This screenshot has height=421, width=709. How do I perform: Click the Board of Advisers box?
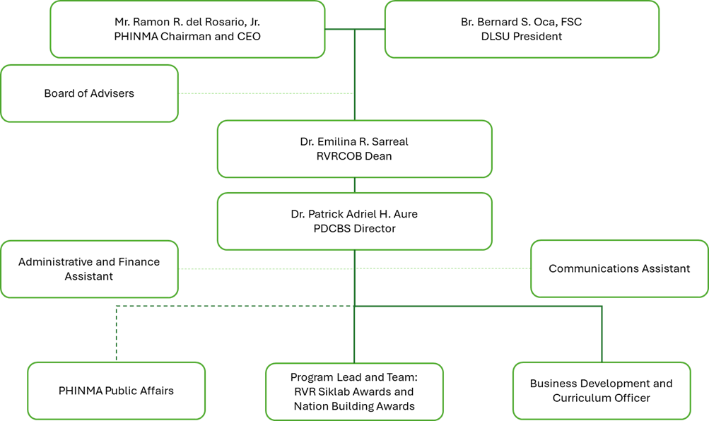click(x=89, y=93)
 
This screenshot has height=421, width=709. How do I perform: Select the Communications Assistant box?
click(x=619, y=268)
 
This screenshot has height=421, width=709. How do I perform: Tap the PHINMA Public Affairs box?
click(x=116, y=391)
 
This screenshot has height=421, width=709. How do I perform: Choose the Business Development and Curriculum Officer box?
click(x=601, y=391)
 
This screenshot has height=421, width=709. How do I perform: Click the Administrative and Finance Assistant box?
click(x=89, y=269)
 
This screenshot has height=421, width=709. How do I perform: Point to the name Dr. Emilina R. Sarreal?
click(x=354, y=141)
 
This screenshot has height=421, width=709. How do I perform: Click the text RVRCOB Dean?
click(x=354, y=156)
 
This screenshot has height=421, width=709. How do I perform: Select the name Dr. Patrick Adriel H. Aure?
click(x=354, y=213)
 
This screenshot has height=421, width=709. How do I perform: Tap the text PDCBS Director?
click(x=354, y=228)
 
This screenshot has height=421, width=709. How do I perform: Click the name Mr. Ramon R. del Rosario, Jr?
click(x=187, y=22)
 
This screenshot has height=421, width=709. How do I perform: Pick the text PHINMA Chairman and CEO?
click(x=187, y=37)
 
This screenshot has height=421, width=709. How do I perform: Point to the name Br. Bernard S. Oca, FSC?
click(x=521, y=22)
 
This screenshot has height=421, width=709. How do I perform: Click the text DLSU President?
click(x=521, y=37)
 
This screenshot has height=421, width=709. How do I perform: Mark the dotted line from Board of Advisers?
click(x=265, y=93)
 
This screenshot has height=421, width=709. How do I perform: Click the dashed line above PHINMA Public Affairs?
click(x=116, y=332)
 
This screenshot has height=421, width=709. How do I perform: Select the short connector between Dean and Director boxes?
click(x=354, y=185)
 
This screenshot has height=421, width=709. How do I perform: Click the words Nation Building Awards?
click(x=354, y=406)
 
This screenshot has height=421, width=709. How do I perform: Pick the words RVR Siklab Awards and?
click(x=354, y=391)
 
